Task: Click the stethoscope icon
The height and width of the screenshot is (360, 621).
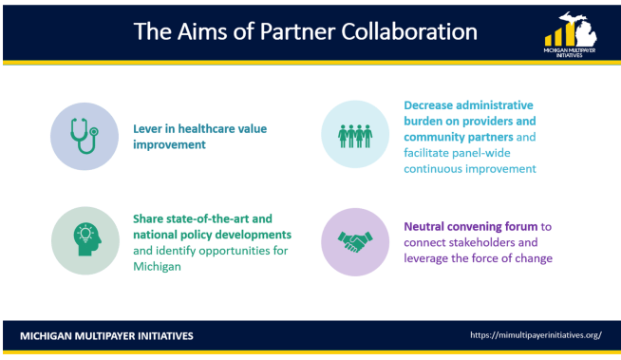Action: point(85,135)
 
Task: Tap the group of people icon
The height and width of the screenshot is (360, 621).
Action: point(355,135)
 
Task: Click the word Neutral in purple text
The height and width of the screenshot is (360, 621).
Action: point(427,227)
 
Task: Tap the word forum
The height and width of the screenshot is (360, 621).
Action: point(520,227)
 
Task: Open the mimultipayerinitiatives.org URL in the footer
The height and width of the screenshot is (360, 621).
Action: point(536,334)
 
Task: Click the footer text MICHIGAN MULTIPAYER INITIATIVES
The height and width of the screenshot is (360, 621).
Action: point(106,334)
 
